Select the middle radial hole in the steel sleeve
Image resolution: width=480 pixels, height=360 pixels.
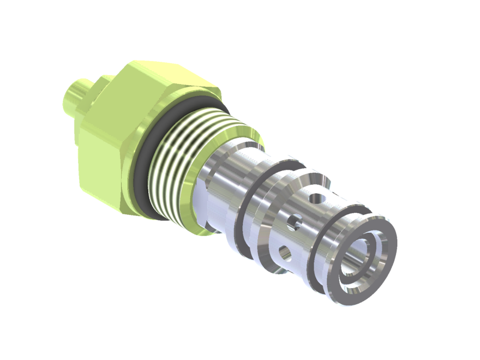click(x=293, y=223)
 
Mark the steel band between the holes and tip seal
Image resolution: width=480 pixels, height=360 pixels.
click(x=318, y=252)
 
